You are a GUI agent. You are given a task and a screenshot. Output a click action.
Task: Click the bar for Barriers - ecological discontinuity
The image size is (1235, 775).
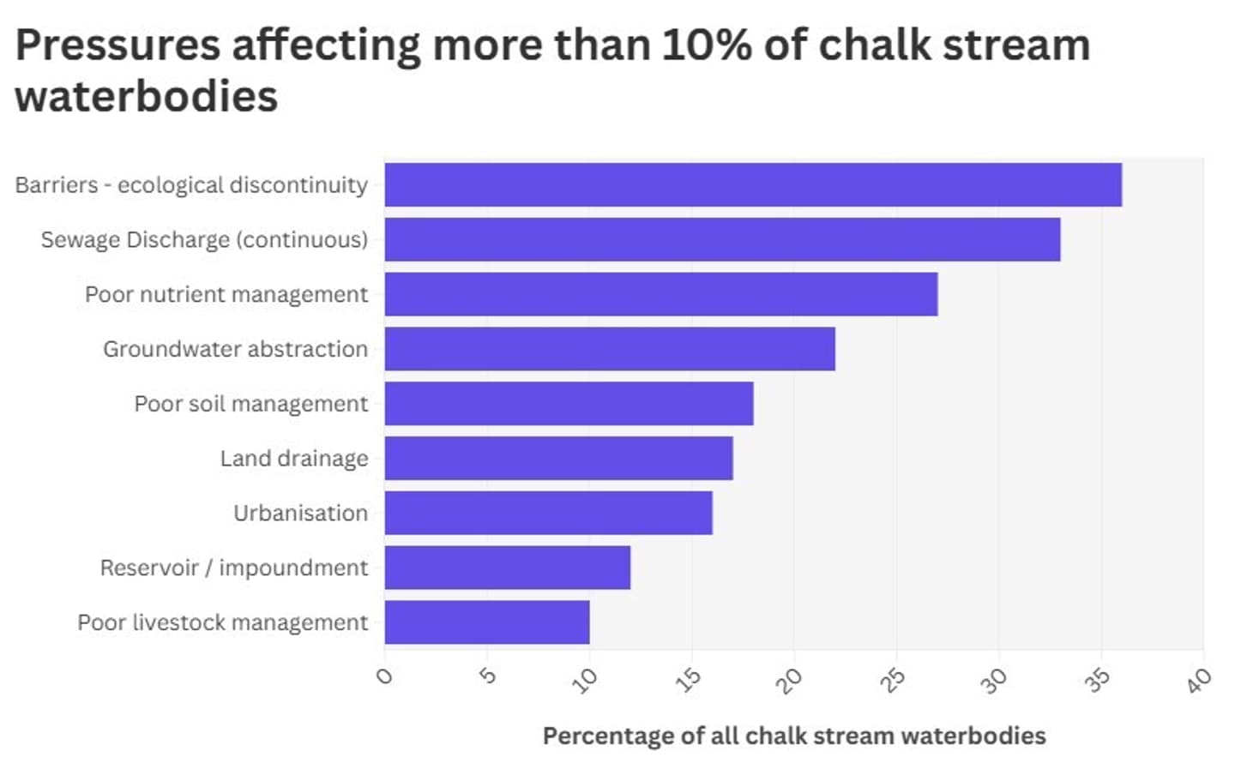point(753,184)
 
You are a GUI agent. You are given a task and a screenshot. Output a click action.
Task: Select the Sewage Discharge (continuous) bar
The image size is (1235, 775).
point(722,239)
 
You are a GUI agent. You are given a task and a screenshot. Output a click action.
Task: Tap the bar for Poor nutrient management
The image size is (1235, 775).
point(660,294)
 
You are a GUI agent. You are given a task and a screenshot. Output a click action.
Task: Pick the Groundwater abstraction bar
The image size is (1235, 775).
point(609,349)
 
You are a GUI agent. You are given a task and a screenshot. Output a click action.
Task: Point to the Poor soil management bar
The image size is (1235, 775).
point(569,404)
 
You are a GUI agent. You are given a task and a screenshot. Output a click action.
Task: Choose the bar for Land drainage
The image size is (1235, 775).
point(558,459)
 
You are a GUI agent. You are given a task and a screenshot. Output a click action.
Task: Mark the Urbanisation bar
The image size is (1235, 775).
point(548,513)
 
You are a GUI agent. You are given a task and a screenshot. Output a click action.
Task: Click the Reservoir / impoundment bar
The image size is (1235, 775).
point(507,568)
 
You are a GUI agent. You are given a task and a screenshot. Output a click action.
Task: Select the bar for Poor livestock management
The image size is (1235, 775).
point(486,622)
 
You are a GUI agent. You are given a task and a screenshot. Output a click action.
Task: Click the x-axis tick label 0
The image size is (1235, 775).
point(384,676)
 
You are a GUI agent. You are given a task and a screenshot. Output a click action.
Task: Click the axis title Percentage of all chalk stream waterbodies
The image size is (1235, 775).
point(794,736)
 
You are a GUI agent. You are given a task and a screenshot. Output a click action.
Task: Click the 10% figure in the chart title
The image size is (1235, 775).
point(707,45)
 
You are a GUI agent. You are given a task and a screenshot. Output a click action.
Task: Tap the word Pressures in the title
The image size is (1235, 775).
point(117,45)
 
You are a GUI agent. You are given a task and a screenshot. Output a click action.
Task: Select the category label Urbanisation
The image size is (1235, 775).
point(300,513)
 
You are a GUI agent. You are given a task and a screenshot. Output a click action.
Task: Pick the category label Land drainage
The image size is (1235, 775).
point(293,459)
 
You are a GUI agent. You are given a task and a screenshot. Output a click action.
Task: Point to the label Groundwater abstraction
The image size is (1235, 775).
point(235,349)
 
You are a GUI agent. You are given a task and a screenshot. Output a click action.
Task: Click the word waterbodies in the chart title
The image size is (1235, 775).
point(147,96)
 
